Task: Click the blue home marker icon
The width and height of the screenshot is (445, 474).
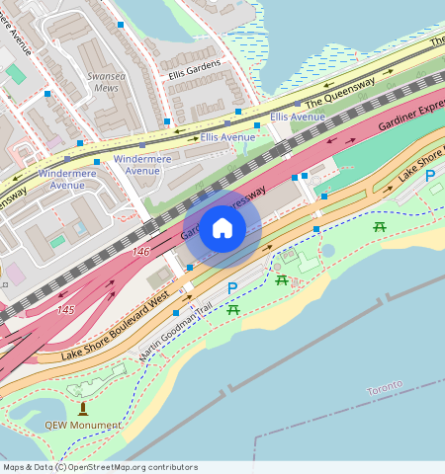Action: click(x=222, y=229)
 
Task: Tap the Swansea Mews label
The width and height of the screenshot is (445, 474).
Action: click(x=102, y=81)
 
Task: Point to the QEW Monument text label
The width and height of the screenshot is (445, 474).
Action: click(x=83, y=426)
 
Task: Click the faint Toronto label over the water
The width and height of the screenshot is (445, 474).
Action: click(x=384, y=385)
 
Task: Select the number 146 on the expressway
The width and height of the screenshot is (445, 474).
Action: click(x=141, y=252)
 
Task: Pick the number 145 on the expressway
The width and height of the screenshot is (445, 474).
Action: click(x=65, y=310)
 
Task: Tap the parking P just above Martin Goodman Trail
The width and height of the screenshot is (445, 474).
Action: click(x=232, y=287)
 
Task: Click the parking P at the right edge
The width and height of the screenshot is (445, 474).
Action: click(x=430, y=176)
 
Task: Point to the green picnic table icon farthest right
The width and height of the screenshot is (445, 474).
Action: click(x=380, y=228)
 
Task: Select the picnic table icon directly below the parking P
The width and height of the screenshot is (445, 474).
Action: click(x=234, y=310)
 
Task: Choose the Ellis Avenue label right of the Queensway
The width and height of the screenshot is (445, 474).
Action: click(x=298, y=117)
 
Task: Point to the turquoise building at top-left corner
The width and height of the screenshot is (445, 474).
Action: click(x=16, y=74)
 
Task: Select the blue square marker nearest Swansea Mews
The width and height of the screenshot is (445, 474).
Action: click(x=121, y=24)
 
